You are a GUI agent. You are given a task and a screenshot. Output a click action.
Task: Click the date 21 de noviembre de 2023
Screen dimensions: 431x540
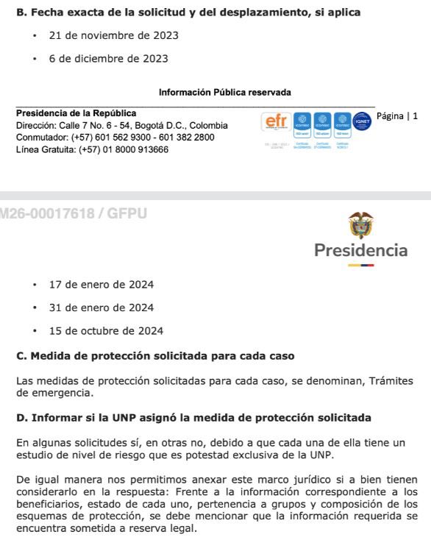[x=113, y=35]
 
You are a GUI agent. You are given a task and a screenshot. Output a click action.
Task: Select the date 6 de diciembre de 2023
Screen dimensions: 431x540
[x=108, y=58]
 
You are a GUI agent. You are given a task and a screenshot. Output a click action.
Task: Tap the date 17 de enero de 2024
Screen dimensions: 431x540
[x=101, y=285]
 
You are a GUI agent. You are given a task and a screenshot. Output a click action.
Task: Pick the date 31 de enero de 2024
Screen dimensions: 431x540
[x=101, y=308]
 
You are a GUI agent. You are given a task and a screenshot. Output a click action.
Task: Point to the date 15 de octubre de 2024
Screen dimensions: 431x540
[x=106, y=331]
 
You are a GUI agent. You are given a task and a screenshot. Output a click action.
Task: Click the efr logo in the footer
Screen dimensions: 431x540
[x=276, y=121]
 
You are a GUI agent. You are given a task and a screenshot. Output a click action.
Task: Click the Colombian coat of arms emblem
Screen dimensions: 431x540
[x=361, y=224]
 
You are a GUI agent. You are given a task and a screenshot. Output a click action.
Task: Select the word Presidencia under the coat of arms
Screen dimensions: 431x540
[x=360, y=250]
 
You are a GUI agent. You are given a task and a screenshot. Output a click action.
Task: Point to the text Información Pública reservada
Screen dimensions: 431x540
[x=225, y=93]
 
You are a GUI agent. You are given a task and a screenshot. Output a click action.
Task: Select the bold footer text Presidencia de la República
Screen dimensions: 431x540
[x=76, y=113]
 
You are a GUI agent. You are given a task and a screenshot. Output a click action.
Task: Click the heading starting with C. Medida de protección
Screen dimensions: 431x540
[x=155, y=356]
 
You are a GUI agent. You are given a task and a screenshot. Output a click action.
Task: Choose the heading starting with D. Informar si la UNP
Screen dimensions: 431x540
[x=193, y=418]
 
